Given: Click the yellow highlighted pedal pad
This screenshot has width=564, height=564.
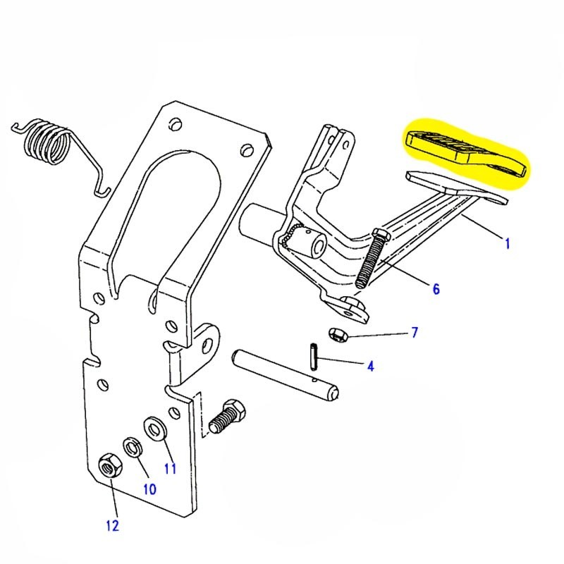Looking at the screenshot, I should coord(465,150).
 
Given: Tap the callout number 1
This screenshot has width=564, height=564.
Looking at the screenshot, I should coord(506,243).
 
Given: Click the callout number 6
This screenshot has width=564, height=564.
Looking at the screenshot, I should coord(436,288).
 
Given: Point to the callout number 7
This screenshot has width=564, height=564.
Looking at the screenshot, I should coord(414,331).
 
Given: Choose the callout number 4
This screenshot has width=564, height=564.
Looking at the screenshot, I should coord(369,365).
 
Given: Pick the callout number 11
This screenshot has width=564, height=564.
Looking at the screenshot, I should coord(170,467).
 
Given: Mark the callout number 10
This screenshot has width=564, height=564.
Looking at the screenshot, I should coord(149,488).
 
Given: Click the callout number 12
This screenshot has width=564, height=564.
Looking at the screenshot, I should coord(113,525).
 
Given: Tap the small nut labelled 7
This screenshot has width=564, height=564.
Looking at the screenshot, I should coord(337,333).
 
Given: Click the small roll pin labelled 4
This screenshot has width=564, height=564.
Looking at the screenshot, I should coord(313,355).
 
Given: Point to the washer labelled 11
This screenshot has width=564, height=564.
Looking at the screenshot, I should coord(153,427).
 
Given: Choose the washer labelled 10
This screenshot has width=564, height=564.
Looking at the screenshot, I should coord(131,446).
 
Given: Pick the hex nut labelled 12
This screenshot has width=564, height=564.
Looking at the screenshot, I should coord(108,466).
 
